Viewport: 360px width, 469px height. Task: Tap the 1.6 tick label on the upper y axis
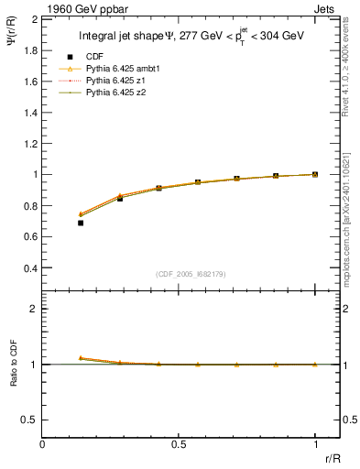[x=31, y=82]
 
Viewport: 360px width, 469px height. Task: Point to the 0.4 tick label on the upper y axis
[x=31, y=268]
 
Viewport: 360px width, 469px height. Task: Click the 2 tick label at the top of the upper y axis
[x=35, y=19]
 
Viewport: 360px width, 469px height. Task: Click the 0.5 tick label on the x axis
[x=179, y=444]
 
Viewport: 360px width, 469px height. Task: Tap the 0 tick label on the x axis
[x=42, y=444]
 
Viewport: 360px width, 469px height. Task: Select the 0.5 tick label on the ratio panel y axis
[x=31, y=420]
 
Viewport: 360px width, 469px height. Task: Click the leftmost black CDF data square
[x=81, y=223]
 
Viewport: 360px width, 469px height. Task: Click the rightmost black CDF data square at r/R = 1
[x=315, y=174]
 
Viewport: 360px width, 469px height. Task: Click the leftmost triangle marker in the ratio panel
[x=81, y=358]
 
